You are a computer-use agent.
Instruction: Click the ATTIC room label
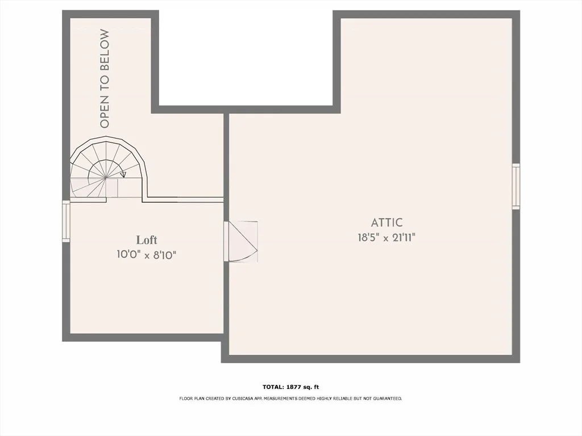(386, 223)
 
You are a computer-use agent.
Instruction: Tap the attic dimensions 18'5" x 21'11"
(386, 238)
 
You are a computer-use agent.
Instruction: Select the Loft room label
(147, 240)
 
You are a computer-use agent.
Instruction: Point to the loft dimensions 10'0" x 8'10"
(146, 255)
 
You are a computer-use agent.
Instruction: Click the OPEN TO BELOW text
(105, 78)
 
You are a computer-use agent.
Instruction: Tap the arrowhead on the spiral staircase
(123, 175)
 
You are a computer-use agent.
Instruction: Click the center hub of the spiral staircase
(106, 178)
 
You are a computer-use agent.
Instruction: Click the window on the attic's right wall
(516, 186)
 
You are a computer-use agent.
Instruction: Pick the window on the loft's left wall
(66, 221)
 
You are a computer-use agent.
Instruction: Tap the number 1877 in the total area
(293, 387)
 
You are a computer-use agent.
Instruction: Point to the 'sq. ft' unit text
(311, 387)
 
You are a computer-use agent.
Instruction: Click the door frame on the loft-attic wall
(226, 241)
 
